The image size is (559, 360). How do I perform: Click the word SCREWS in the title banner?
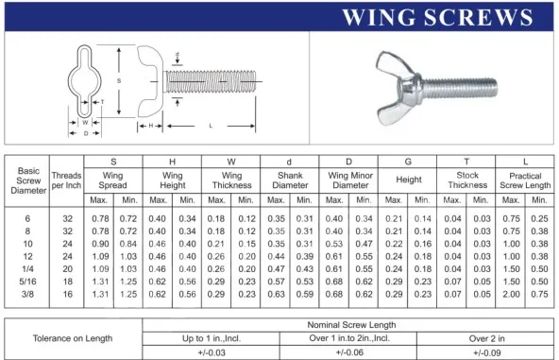(479, 18)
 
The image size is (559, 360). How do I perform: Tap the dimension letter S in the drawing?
(119, 81)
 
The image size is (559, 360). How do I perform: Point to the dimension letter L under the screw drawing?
(211, 126)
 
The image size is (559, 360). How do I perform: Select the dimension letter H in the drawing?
(151, 126)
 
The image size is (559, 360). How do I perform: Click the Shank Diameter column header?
(290, 180)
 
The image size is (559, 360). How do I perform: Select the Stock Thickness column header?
(467, 180)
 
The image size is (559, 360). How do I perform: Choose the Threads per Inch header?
(66, 180)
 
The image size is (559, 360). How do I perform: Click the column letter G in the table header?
(408, 162)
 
